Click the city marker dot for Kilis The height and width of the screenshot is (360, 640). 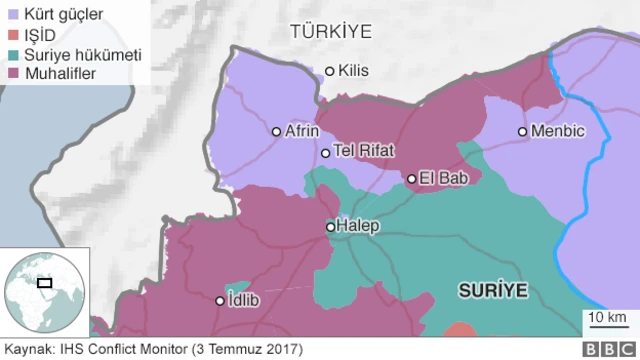coord(330,71)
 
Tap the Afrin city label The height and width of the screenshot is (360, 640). coord(302,131)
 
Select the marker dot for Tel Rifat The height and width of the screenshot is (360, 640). coord(325,153)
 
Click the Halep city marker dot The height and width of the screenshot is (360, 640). coord(331,227)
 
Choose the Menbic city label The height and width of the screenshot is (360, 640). coord(559,131)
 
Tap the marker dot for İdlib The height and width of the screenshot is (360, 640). coord(221,300)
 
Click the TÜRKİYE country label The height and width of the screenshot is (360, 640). coord(330,32)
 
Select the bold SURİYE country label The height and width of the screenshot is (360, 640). coord(492,290)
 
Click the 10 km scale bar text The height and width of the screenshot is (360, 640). coord(607,318)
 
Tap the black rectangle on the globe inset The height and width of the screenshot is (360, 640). coord(45,283)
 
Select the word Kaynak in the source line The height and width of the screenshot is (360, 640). coord(28,349)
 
